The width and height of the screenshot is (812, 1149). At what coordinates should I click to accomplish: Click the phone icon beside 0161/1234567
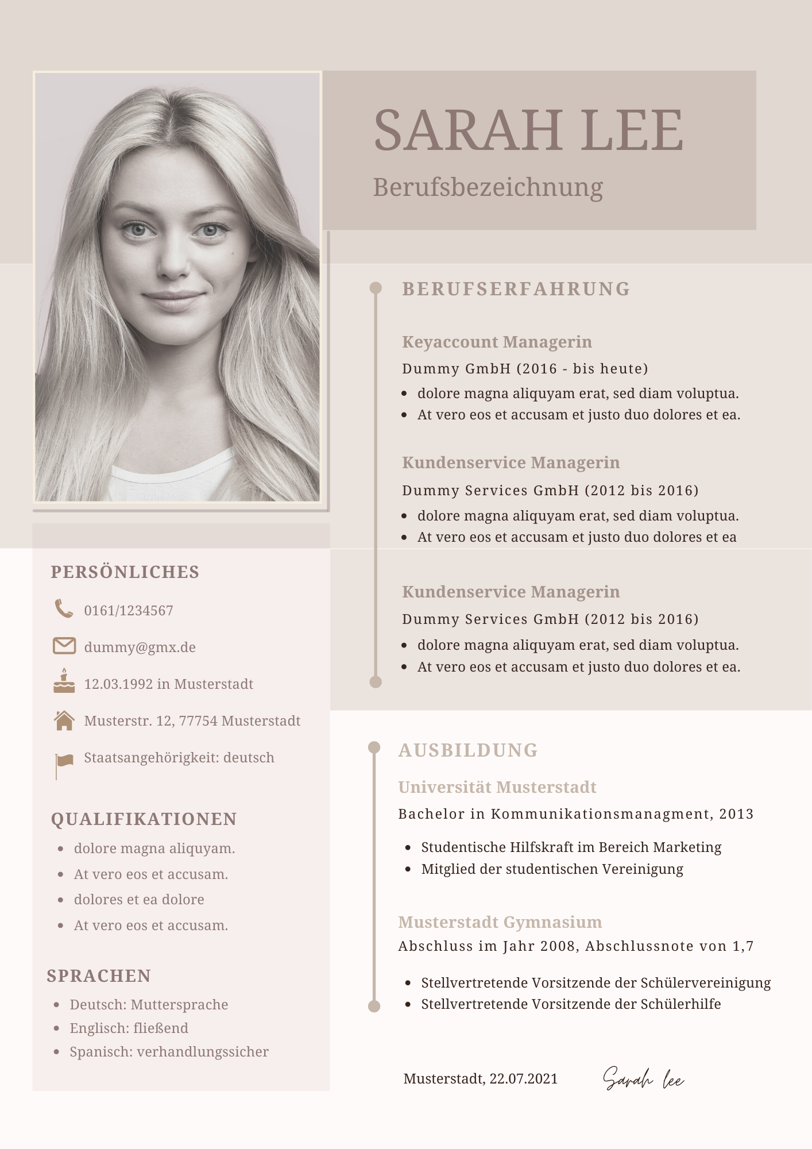[64, 609]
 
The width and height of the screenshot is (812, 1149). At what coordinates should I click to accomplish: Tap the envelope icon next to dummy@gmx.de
[64, 646]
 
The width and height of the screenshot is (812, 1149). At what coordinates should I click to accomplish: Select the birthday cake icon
[64, 681]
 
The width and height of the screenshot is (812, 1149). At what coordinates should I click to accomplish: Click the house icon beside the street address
[64, 720]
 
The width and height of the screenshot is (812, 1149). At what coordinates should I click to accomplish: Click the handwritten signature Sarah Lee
[643, 1079]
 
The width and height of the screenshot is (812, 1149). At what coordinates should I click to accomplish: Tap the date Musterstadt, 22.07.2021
[481, 1079]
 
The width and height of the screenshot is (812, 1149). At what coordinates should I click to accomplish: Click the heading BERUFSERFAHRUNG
[516, 289]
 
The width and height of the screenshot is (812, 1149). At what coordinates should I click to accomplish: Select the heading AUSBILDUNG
[468, 750]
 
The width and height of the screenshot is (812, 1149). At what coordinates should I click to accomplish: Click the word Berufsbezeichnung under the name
[488, 187]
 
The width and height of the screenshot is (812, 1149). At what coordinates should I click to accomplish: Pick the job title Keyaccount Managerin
[497, 342]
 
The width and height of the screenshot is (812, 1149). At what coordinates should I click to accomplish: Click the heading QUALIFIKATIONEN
[144, 819]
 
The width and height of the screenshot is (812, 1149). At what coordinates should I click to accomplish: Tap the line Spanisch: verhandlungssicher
[169, 1052]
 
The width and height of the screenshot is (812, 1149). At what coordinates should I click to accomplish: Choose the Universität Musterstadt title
[497, 787]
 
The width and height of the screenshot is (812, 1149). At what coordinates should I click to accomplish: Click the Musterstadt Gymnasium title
[500, 922]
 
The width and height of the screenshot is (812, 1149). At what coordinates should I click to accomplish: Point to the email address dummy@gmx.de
[140, 647]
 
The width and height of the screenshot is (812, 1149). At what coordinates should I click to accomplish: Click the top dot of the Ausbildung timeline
[374, 747]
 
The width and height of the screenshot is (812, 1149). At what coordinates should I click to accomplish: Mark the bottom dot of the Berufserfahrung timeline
[376, 682]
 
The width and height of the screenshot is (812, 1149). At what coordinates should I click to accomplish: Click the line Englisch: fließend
[129, 1028]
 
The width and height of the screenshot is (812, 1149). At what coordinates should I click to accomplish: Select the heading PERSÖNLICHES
[125, 572]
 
